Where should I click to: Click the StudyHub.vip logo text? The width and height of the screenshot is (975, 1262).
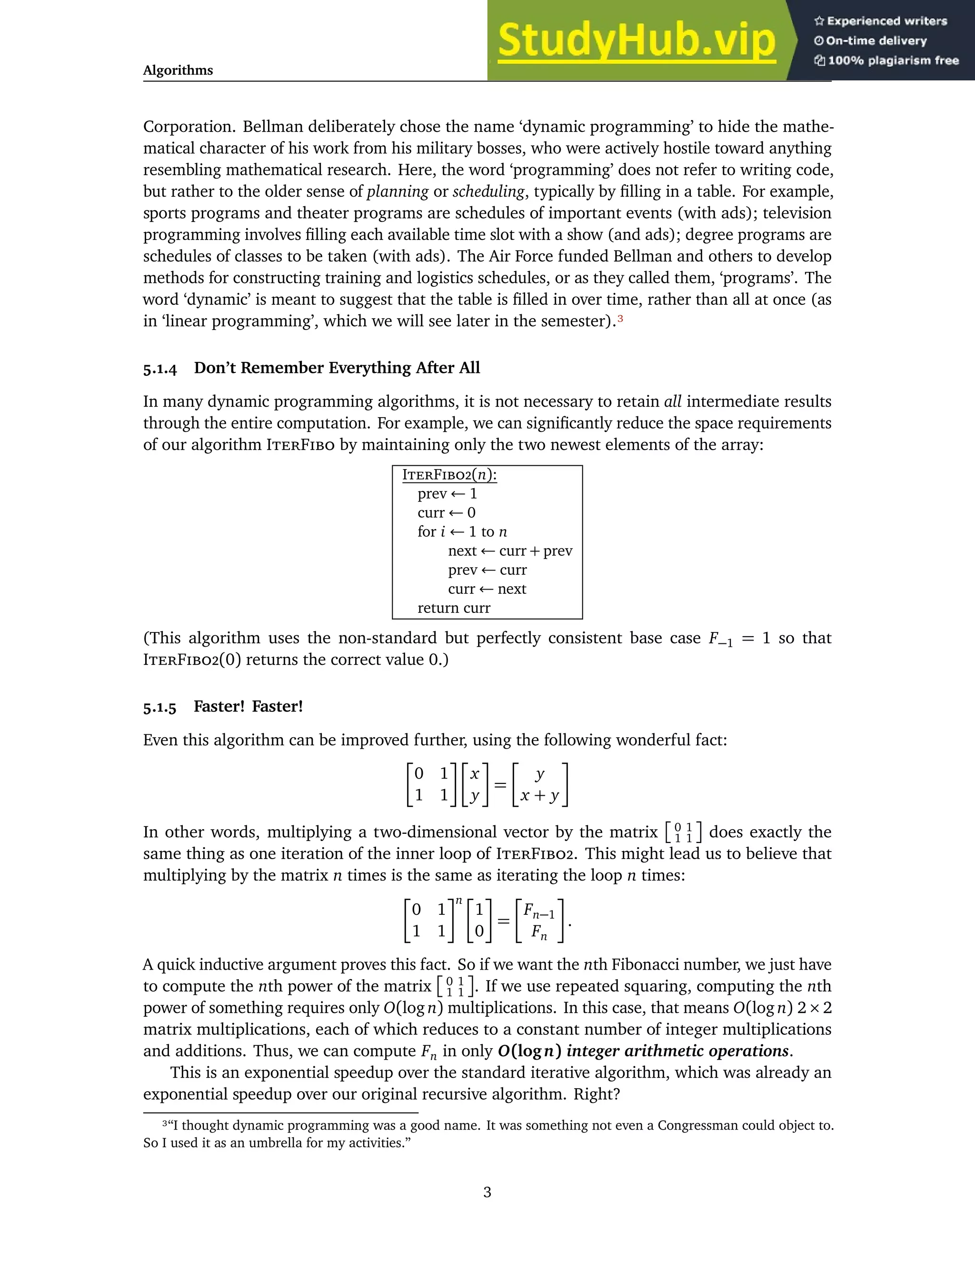pos(636,40)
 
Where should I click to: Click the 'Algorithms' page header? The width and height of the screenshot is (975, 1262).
pos(178,70)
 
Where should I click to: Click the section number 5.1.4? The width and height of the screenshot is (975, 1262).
pos(159,369)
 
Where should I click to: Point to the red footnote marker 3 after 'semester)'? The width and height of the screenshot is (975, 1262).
pos(620,318)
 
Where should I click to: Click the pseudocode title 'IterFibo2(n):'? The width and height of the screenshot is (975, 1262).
pos(449,475)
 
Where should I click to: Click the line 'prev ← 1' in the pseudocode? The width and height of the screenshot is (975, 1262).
pos(447,494)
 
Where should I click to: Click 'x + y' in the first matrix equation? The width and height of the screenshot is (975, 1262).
pos(539,796)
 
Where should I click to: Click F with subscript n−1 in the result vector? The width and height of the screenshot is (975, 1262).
pos(538,911)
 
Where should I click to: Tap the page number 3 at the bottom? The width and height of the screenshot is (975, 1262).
pos(487,1192)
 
